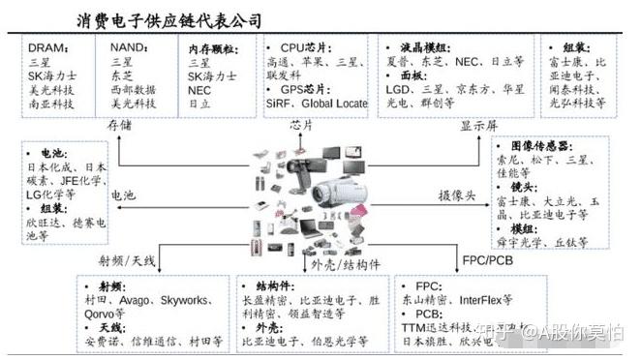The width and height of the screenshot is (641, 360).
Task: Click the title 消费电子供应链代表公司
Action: coord(168,18)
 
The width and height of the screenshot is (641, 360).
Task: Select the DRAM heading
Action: coord(47,46)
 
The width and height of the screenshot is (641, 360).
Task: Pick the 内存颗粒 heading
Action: coord(212,46)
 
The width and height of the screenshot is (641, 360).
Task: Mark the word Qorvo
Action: coord(106,314)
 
